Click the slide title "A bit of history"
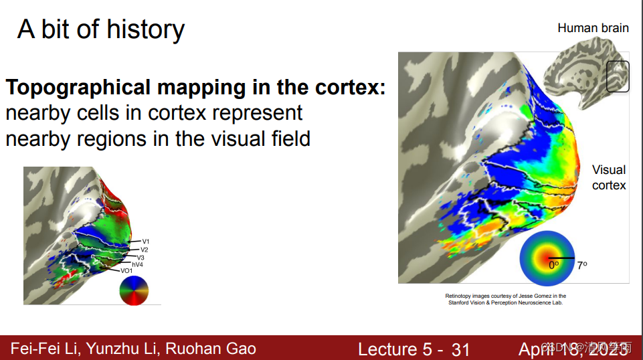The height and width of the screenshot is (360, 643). pyautogui.click(x=101, y=29)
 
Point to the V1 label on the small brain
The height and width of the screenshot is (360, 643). pyautogui.click(x=145, y=241)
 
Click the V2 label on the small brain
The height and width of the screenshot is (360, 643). pyautogui.click(x=145, y=250)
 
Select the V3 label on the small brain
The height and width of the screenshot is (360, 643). pyautogui.click(x=141, y=258)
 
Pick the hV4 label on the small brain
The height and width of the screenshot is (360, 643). pyautogui.click(x=137, y=264)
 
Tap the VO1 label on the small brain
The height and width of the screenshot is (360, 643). pyautogui.click(x=126, y=271)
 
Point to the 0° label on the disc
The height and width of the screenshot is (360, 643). pyautogui.click(x=553, y=265)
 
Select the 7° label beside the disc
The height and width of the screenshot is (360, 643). pyautogui.click(x=581, y=265)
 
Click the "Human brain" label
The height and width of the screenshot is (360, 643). pyautogui.click(x=593, y=28)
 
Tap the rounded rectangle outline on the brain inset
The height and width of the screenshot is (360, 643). pyautogui.click(x=618, y=76)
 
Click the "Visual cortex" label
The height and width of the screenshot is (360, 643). pyautogui.click(x=609, y=177)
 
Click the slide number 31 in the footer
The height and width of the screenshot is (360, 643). pyautogui.click(x=460, y=349)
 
